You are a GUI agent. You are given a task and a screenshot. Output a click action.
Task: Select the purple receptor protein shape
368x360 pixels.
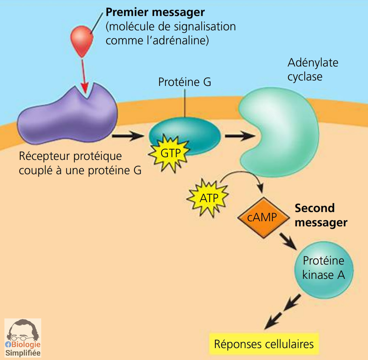point(67,115)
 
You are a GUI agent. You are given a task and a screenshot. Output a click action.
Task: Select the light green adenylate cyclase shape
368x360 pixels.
point(278,125)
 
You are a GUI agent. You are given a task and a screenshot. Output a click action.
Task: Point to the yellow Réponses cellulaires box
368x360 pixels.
point(263,344)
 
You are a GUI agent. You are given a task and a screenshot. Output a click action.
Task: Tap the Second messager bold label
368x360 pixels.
point(321,216)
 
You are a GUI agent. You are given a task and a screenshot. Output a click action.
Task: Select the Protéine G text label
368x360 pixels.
point(184,82)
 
